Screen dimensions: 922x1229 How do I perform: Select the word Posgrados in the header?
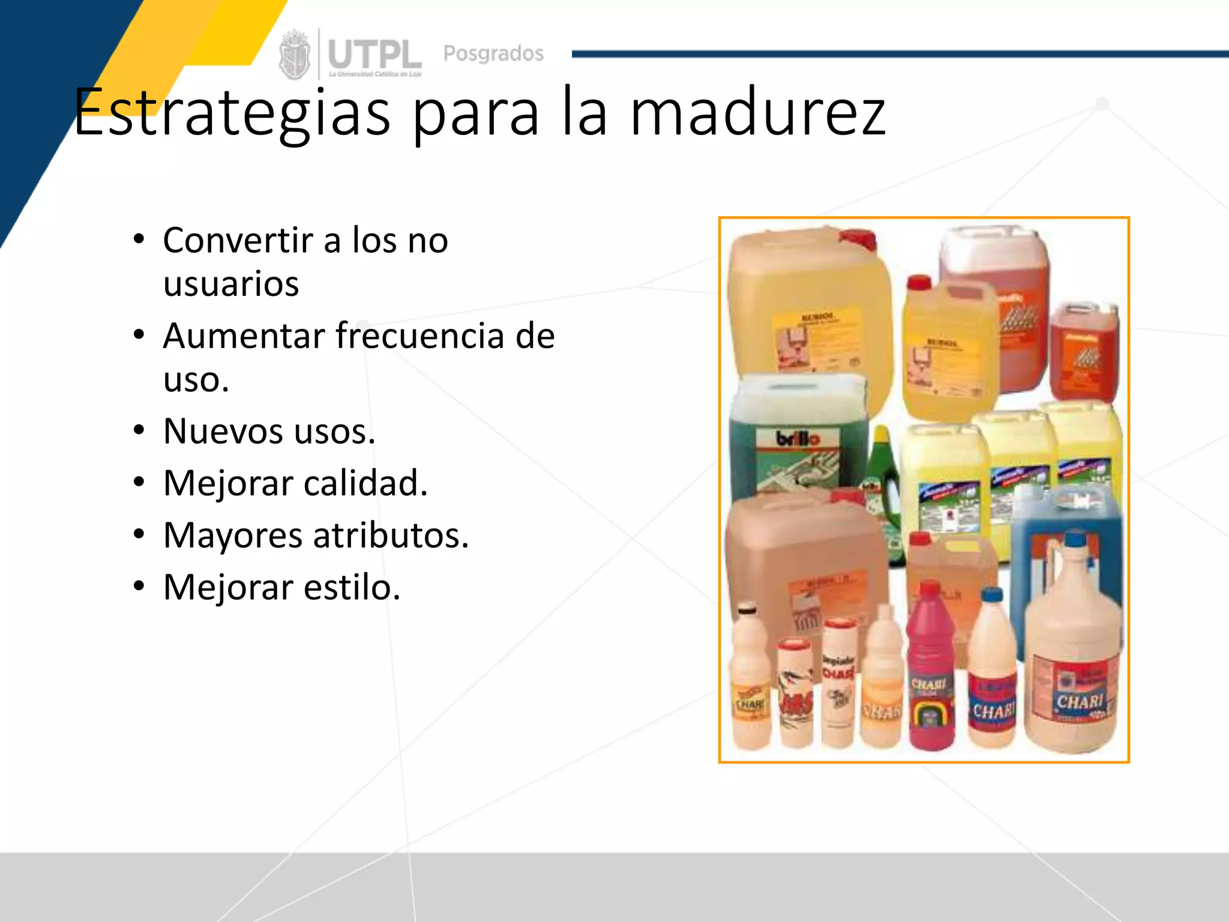tap(493, 53)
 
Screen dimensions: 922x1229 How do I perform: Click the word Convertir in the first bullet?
tap(238, 240)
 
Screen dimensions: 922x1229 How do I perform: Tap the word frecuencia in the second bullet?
tap(420, 336)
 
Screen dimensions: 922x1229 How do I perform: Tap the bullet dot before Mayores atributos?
tap(139, 534)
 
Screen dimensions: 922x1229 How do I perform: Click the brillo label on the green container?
tap(797, 439)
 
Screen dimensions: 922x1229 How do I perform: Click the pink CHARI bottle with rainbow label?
tap(930, 678)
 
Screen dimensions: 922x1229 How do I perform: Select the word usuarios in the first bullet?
tap(231, 284)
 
